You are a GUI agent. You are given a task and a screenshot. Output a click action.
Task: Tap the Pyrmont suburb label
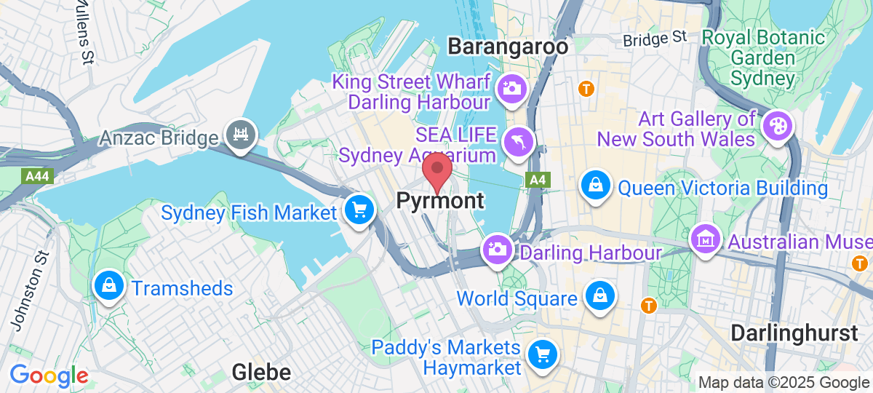pyautogui.click(x=440, y=200)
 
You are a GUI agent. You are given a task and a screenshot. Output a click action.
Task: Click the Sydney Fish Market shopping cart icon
pyautogui.click(x=359, y=210)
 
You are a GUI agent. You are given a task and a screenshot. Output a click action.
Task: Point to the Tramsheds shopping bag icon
pyautogui.click(x=108, y=286)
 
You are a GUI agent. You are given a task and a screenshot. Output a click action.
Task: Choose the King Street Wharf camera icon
pyautogui.click(x=511, y=90)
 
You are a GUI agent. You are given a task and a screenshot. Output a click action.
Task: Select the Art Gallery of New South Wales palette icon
pyautogui.click(x=776, y=126)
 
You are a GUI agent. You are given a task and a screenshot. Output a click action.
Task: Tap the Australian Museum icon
pyautogui.click(x=706, y=238)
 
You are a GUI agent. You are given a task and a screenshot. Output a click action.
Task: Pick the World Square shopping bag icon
pyautogui.click(x=601, y=295)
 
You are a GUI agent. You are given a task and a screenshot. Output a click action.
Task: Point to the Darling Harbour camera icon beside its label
pyautogui.click(x=498, y=250)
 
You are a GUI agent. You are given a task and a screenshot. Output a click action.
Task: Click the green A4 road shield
pyautogui.click(x=537, y=180)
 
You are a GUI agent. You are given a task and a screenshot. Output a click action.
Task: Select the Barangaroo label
pyautogui.click(x=508, y=47)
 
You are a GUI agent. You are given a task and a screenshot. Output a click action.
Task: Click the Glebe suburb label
pyautogui.click(x=261, y=373)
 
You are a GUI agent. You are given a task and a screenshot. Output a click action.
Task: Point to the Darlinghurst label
pyautogui.click(x=794, y=333)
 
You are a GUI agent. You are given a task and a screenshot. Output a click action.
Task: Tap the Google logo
pyautogui.click(x=49, y=376)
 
